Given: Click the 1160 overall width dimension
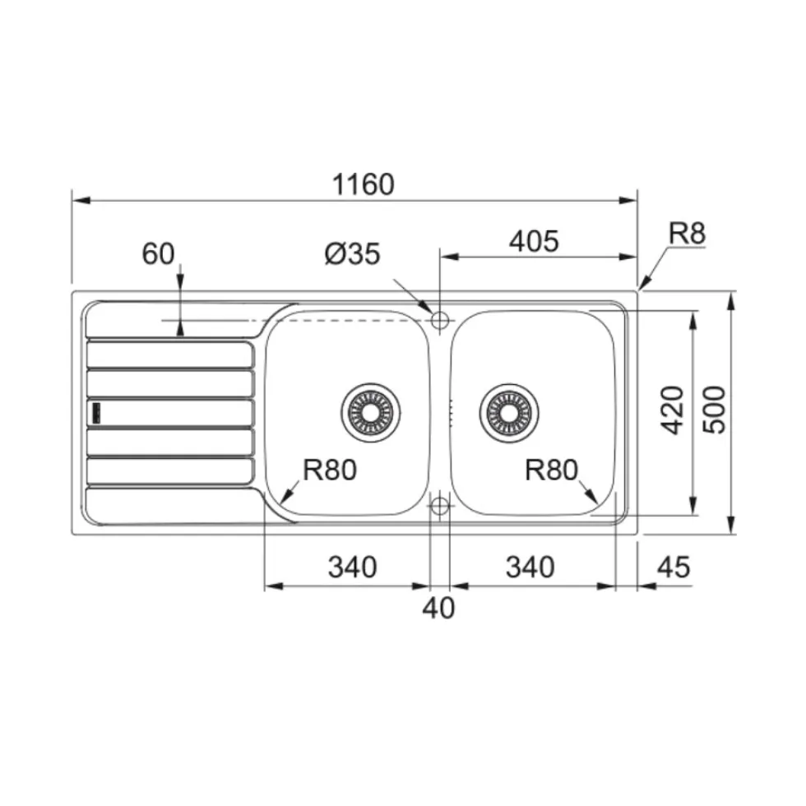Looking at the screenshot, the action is point(363,184).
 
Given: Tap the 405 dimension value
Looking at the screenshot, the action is point(534,241).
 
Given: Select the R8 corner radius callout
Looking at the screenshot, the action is point(687,234).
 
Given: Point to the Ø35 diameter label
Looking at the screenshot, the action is point(353,253).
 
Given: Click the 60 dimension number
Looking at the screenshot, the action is point(158,253).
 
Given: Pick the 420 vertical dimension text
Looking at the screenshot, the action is point(672,410).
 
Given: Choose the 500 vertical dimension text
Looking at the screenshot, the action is point(714,410).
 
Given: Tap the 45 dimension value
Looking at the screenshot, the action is point(674,567).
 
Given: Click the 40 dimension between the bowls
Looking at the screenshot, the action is point(438,608).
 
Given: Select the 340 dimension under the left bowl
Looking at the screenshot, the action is point(353,567).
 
